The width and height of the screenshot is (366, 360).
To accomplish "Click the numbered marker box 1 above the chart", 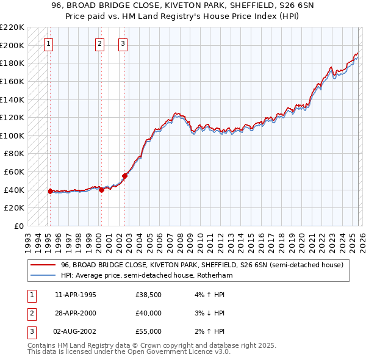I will click(48, 43).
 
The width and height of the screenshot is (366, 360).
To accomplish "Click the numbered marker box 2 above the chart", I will click(99, 43).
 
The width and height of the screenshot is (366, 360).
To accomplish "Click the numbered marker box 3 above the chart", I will click(123, 43).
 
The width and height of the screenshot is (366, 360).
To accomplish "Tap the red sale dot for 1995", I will click(50, 191).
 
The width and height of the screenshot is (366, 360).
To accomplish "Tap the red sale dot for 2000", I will click(101, 190).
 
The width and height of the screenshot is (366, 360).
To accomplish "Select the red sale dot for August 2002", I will click(124, 176).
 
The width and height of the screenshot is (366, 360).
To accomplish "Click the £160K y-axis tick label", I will click(12, 81).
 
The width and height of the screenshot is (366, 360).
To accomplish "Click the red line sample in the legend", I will click(43, 265).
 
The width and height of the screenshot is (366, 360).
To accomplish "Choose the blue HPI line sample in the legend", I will click(43, 276).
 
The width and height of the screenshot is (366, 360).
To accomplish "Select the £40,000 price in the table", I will click(149, 314).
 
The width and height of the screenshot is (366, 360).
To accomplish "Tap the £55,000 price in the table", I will click(149, 332).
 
